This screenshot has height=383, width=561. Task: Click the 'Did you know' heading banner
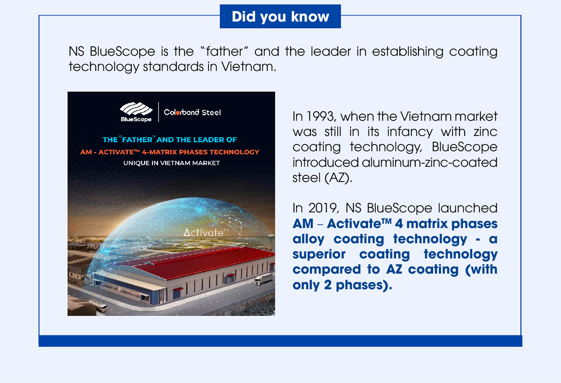click(280, 16)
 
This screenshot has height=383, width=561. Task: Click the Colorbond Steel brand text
click(192, 113)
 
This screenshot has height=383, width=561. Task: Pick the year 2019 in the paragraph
click(323, 208)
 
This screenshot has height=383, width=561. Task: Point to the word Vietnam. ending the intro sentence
click(249, 67)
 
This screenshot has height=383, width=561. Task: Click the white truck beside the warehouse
click(263, 279)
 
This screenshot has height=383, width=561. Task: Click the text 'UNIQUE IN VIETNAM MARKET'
click(172, 163)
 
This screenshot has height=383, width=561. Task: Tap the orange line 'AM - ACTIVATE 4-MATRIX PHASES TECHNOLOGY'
click(170, 152)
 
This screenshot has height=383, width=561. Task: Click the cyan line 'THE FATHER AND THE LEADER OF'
click(170, 139)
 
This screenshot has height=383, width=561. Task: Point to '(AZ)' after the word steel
click(338, 178)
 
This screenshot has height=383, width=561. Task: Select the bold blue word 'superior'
click(319, 254)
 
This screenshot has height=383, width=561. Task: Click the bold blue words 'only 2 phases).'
click(342, 285)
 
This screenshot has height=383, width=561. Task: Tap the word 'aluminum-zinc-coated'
click(430, 163)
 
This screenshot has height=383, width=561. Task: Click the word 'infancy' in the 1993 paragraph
click(410, 132)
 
